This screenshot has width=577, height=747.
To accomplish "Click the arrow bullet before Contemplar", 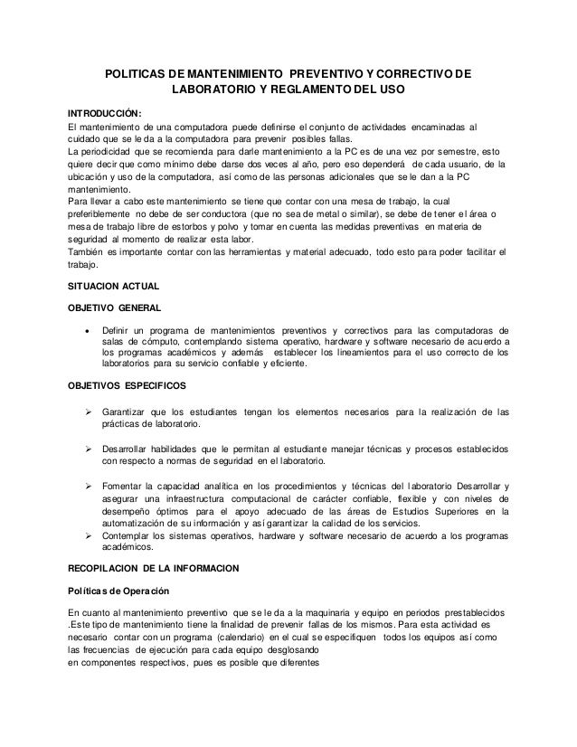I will coord(88,534).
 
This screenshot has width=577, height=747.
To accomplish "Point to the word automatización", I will coord(147,521).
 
